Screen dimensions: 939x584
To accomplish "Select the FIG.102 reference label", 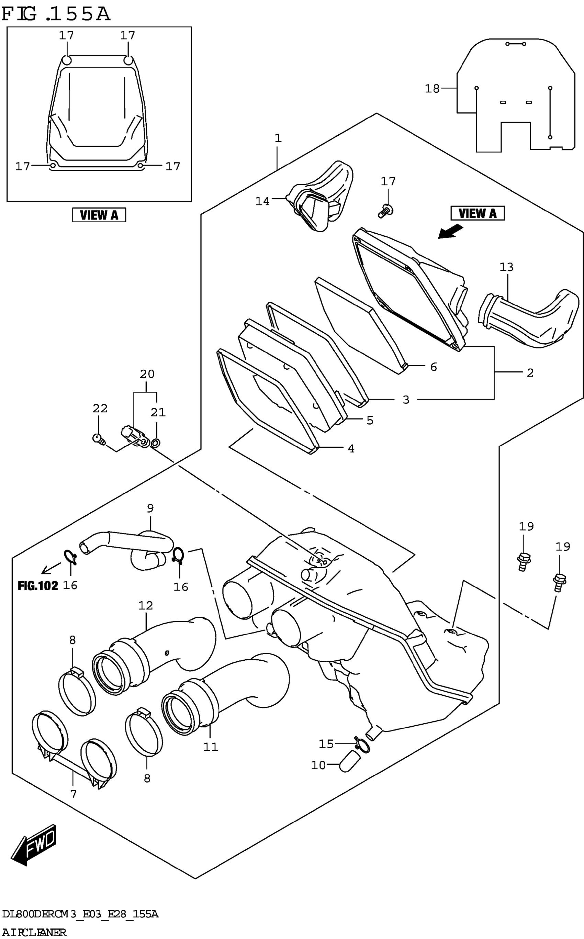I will click(37, 585).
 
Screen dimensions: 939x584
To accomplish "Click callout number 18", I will click(432, 89).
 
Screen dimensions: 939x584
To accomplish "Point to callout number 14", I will click(263, 201).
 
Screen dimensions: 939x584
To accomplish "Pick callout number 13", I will click(506, 267).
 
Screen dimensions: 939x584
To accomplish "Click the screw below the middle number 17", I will click(385, 211).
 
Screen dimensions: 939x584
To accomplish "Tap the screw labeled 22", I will click(99, 439).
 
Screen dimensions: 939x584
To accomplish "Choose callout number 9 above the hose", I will click(150, 508).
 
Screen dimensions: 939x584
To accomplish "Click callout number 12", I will click(146, 605).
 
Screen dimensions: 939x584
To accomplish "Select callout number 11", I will click(211, 747).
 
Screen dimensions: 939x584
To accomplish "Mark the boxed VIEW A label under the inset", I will click(99, 215).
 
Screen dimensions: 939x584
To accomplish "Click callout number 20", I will click(147, 374).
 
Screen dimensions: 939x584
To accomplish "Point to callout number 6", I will click(434, 367).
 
